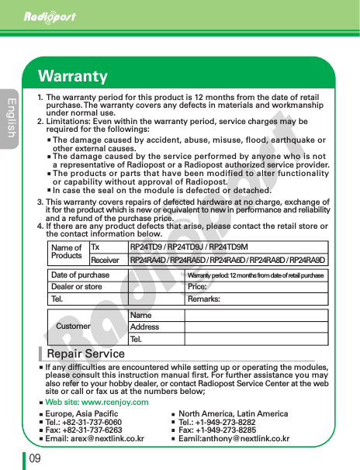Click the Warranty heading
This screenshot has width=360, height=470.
[73, 76]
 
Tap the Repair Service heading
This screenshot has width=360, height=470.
[85, 354]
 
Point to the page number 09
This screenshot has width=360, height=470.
[35, 458]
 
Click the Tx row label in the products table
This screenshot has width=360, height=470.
[95, 247]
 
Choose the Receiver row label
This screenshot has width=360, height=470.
[105, 259]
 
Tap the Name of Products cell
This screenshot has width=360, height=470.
[67, 252]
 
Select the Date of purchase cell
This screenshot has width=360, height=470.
[80, 275]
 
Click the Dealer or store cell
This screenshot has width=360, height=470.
[76, 287]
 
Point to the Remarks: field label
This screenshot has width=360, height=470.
[203, 299]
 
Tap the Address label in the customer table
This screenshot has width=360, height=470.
[144, 327]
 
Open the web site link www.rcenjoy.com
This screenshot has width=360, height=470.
[97, 403]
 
